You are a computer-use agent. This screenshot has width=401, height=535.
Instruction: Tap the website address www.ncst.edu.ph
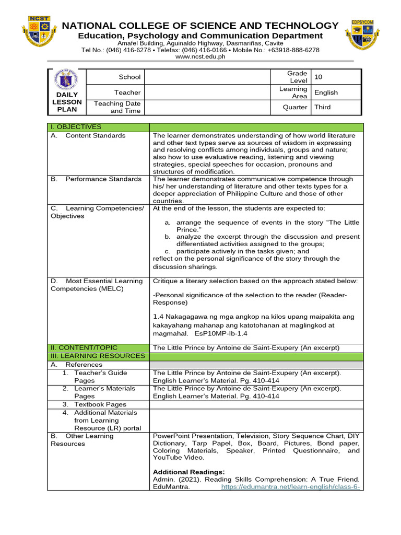point(200,57)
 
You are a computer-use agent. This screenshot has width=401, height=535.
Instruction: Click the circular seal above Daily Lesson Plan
point(67,80)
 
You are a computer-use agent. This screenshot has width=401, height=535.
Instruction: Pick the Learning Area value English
point(326,92)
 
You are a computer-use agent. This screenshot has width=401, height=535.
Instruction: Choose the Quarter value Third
point(322,107)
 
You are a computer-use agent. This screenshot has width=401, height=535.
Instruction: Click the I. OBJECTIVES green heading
point(76,127)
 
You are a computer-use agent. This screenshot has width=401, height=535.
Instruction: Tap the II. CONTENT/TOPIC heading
point(84,347)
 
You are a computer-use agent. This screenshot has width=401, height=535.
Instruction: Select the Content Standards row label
point(95,136)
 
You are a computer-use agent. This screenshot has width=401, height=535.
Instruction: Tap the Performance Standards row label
point(103,179)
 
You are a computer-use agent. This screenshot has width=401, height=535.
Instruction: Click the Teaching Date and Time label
point(117,107)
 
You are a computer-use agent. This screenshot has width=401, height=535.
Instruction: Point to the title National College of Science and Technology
point(200,26)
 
